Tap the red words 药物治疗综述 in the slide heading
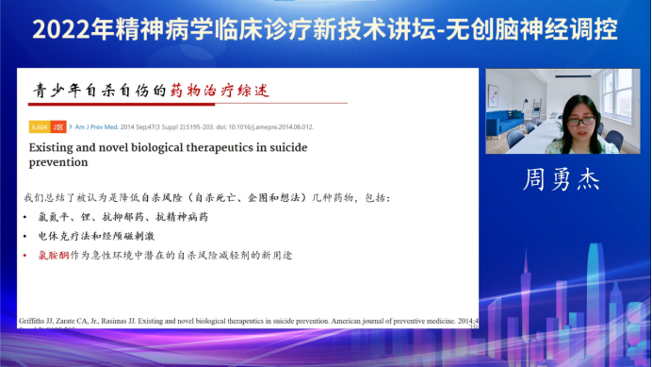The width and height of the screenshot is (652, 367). [x=220, y=91]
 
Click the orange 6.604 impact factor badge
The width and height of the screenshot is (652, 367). [x=39, y=125]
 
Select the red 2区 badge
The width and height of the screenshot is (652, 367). [x=58, y=125]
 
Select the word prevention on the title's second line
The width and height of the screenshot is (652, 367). [x=58, y=163]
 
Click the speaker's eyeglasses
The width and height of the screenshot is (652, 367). [x=580, y=120]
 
